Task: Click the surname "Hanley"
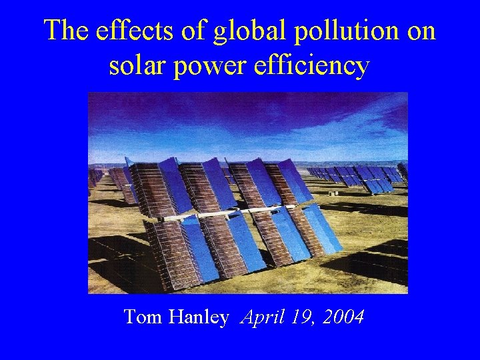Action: (x=198, y=317)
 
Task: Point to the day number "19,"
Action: (x=303, y=317)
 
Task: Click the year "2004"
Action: (x=343, y=317)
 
